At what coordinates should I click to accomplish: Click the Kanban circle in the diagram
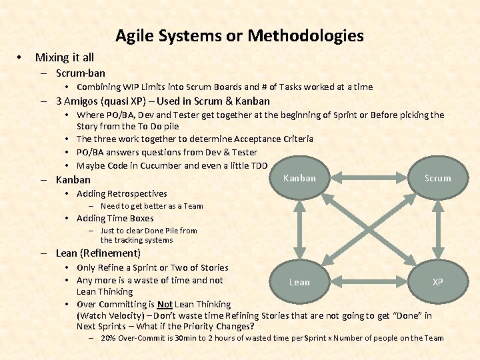pos(299,178)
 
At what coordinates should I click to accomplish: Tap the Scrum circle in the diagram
pos(437,178)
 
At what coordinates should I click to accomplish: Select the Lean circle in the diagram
pos(299,282)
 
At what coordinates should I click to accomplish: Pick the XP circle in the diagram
pos(437,282)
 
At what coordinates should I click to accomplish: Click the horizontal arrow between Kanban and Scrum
pos(369,178)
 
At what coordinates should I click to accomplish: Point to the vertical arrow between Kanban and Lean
pos(299,230)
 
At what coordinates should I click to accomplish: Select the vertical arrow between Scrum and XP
pos(437,230)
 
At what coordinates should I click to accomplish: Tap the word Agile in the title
pos(135,35)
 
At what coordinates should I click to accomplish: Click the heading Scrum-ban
pos(81,73)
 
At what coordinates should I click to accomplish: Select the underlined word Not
pos(165,304)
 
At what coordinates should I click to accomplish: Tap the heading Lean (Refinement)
pos(98,253)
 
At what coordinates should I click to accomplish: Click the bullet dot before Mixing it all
pos(21,58)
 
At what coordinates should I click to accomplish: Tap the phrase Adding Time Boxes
pos(115,218)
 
